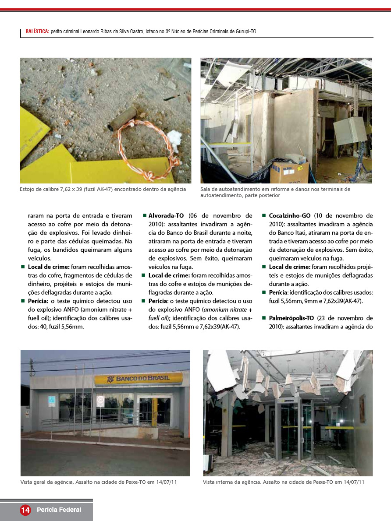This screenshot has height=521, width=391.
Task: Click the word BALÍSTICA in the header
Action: pyautogui.click(x=37, y=32)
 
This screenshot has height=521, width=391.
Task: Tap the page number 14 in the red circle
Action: pyautogui.click(x=25, y=510)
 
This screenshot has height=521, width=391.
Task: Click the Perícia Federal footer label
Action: pyautogui.click(x=59, y=510)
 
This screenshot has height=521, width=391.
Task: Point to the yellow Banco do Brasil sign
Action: pyautogui.click(x=138, y=379)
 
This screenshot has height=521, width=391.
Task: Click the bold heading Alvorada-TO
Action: pyautogui.click(x=166, y=215)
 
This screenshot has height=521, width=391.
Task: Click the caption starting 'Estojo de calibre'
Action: pyautogui.click(x=103, y=189)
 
